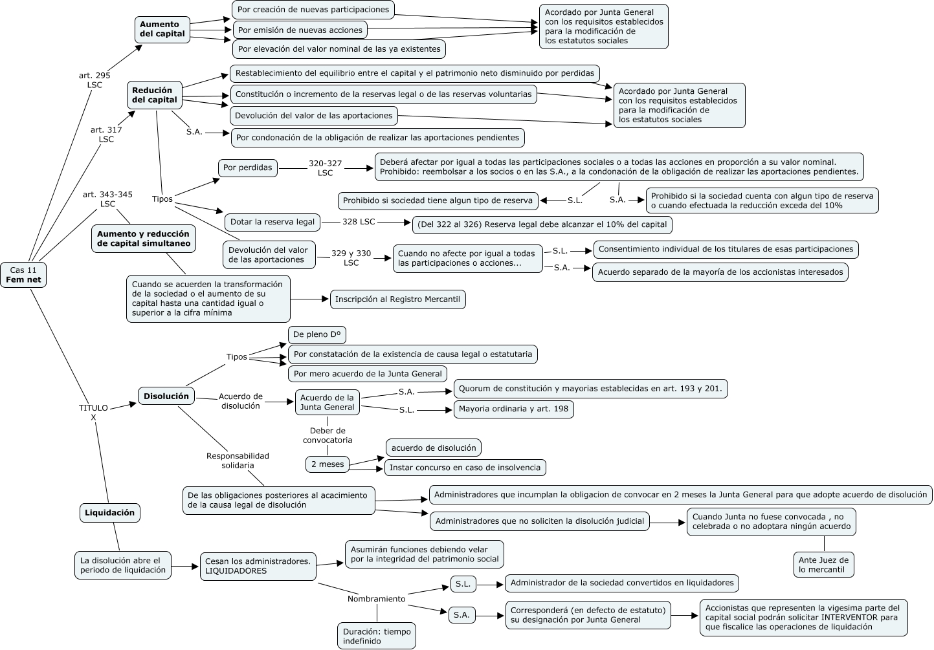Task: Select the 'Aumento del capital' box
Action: (x=162, y=29)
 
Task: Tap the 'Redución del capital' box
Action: (x=154, y=95)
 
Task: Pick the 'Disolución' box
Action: (x=166, y=396)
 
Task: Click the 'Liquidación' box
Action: (x=110, y=513)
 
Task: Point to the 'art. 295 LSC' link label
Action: (x=95, y=80)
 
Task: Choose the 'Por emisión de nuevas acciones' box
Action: (x=300, y=30)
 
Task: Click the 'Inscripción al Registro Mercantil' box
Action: (x=397, y=299)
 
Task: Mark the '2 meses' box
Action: (x=328, y=464)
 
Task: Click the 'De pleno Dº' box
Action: (x=317, y=334)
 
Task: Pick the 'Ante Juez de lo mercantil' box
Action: (x=823, y=565)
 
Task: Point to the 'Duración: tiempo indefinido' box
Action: (x=377, y=636)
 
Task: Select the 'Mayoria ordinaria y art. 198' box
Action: (x=513, y=409)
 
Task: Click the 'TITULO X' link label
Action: (x=93, y=413)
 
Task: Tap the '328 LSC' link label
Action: (x=359, y=222)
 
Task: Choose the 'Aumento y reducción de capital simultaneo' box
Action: (x=144, y=239)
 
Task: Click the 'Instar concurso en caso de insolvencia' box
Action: (x=465, y=468)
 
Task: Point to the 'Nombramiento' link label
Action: (x=376, y=599)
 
